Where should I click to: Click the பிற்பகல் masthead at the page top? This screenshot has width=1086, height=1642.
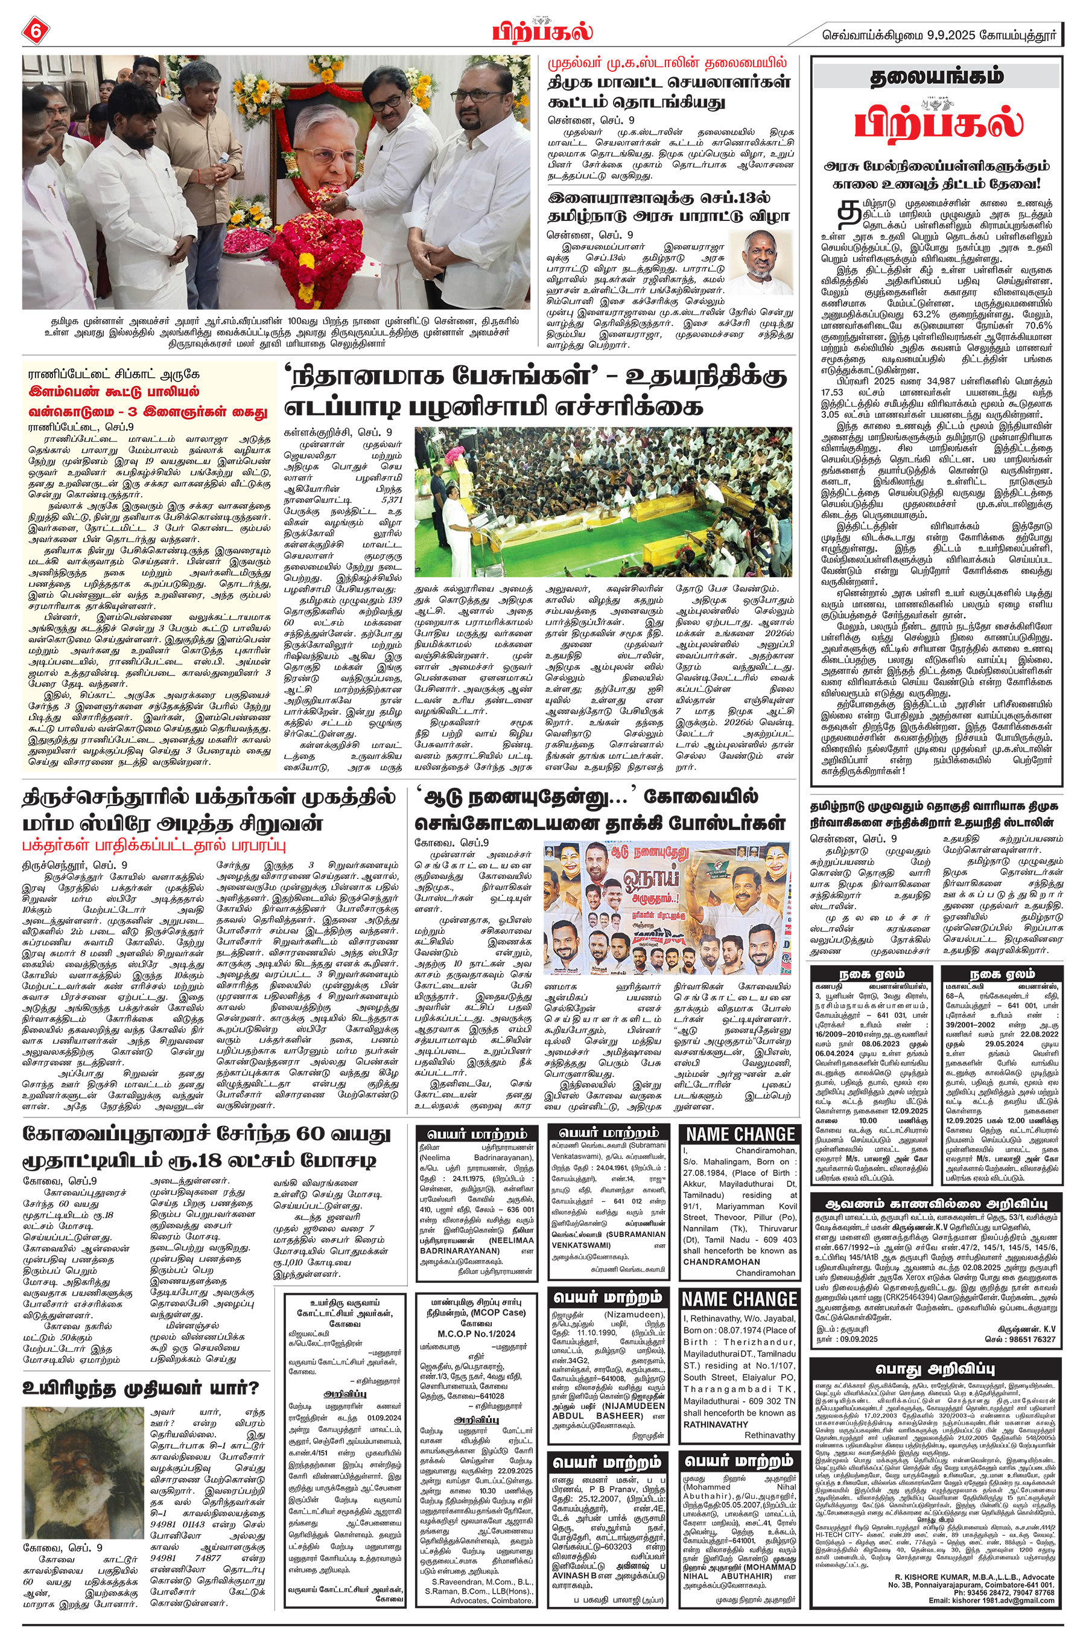click(x=542, y=33)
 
